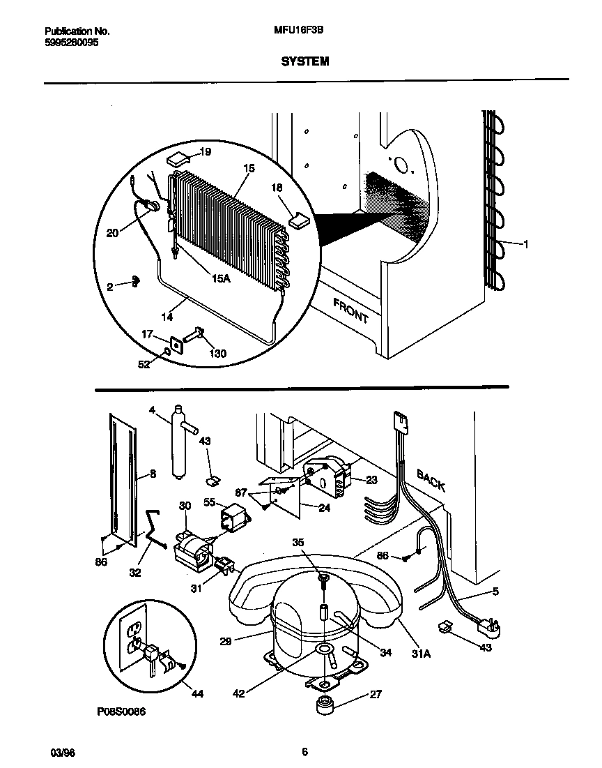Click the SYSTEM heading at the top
pyautogui.click(x=305, y=61)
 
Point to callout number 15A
pyautogui.click(x=220, y=278)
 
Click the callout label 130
pyautogui.click(x=218, y=353)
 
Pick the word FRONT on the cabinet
pyautogui.click(x=350, y=310)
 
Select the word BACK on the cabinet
pyautogui.click(x=431, y=480)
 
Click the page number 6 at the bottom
pyautogui.click(x=305, y=752)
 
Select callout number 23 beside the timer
pyautogui.click(x=371, y=480)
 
